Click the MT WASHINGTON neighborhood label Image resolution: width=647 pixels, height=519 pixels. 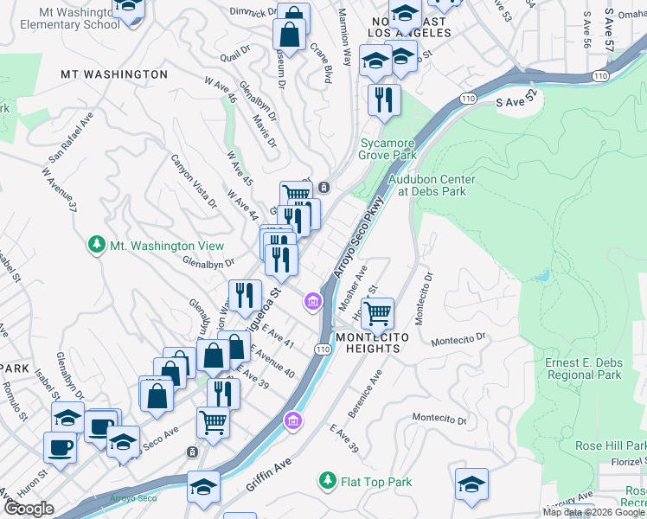[114, 74]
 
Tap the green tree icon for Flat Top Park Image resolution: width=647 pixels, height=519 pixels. [327, 479]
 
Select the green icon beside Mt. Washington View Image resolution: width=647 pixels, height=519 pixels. [99, 246]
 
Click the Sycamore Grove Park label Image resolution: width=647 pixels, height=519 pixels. [388, 149]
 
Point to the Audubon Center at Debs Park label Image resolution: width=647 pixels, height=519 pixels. [432, 185]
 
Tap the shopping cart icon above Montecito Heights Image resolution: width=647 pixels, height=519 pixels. [378, 312]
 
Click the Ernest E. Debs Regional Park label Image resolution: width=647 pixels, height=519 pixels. [584, 368]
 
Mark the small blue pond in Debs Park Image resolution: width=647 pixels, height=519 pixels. [542, 276]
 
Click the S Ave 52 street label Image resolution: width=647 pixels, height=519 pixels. [516, 101]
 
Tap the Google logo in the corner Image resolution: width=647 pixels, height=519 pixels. [29, 509]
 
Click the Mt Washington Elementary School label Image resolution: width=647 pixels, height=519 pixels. [66, 18]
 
